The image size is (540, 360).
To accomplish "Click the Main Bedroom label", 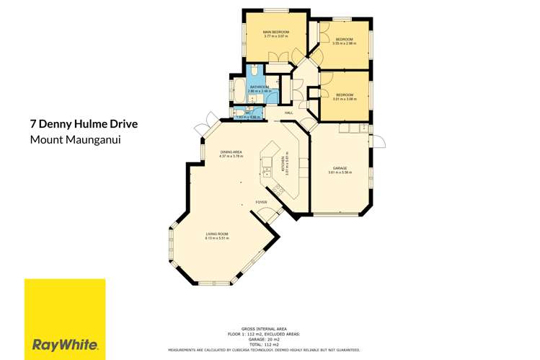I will [x=276, y=32].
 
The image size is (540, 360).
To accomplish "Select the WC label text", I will [x=247, y=113].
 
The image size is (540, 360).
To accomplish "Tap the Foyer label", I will [x=261, y=203].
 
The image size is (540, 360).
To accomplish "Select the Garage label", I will [x=339, y=168].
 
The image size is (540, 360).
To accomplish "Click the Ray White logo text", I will [x=65, y=343].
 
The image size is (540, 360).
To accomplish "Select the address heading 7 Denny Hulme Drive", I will [x=84, y=124].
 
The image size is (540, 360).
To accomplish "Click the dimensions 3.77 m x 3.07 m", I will [x=276, y=37].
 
